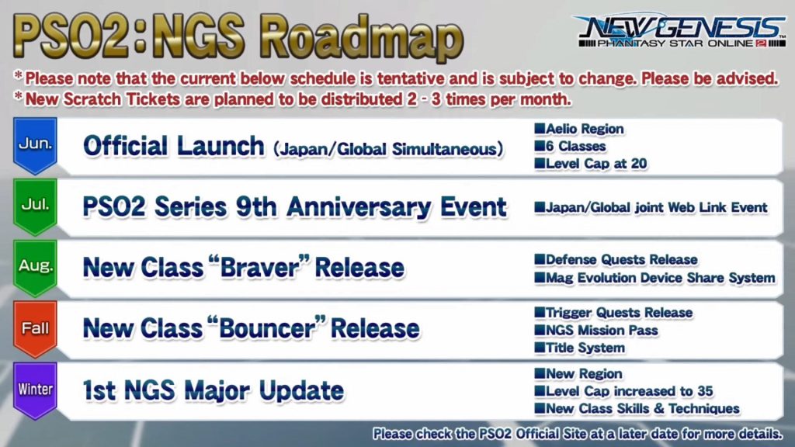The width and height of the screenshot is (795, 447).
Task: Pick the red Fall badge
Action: (35, 329)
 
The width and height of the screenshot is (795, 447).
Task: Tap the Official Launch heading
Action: (173, 146)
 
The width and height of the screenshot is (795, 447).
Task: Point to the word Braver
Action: (259, 268)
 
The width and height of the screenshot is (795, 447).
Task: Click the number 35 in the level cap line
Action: (704, 391)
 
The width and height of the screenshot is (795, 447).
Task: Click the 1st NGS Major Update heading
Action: (214, 391)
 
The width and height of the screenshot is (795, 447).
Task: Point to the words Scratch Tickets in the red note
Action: (122, 99)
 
